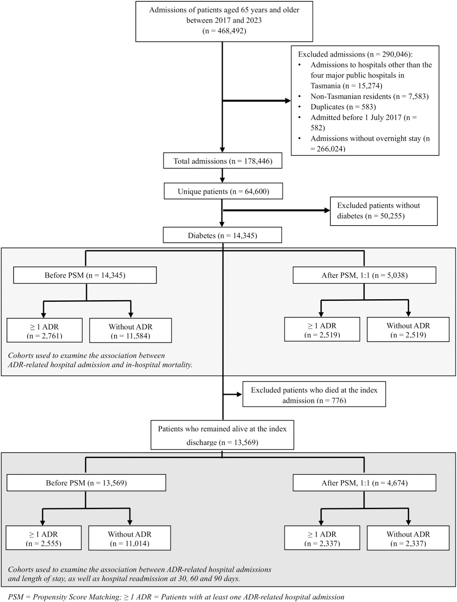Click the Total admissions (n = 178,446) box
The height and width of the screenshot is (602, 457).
[x=222, y=161]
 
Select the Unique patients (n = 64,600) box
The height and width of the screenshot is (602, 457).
[x=223, y=191]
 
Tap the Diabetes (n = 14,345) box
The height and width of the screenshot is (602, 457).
[x=222, y=235]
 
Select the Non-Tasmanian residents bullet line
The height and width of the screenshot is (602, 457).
[x=369, y=96]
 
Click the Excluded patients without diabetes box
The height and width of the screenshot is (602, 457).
[x=384, y=211]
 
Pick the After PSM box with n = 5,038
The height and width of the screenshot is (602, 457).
[x=364, y=275]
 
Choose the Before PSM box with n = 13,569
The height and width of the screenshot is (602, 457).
[x=86, y=483]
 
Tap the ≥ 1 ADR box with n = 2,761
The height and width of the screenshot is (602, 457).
[x=44, y=330]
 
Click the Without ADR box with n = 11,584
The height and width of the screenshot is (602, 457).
[x=130, y=330]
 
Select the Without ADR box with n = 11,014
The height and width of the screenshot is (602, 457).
[x=130, y=538]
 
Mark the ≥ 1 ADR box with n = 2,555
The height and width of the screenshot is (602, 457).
[x=44, y=538]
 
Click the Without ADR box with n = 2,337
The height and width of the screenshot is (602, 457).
[x=408, y=538]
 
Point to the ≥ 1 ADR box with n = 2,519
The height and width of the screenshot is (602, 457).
[x=322, y=330]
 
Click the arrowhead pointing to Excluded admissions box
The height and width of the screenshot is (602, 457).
[x=288, y=101]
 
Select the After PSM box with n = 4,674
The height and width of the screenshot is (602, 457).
[x=364, y=483]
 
